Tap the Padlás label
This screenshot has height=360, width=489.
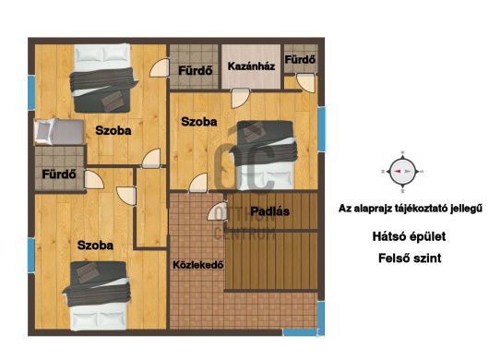(x=270, y=211)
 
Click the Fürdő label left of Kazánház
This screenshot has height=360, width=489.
(x=197, y=68)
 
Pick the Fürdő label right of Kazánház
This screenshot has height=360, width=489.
(x=301, y=61)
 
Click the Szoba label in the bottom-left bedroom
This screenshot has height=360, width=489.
(x=95, y=246)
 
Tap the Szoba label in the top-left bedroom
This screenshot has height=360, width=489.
(x=113, y=131)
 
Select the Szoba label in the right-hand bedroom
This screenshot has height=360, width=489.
(x=198, y=122)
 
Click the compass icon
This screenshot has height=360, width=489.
(x=400, y=171)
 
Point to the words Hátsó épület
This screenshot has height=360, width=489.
(x=402, y=236)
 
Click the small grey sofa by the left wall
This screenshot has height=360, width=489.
(x=47, y=131)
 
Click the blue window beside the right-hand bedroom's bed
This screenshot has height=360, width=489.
(x=322, y=128)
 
